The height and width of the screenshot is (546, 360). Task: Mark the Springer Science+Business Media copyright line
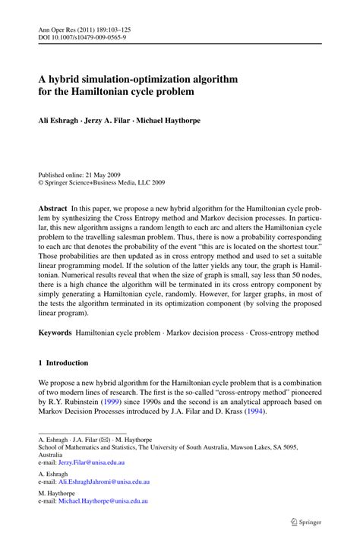(105, 183)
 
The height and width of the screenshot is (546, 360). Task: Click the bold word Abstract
(52, 207)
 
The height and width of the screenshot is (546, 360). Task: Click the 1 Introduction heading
(63, 363)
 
